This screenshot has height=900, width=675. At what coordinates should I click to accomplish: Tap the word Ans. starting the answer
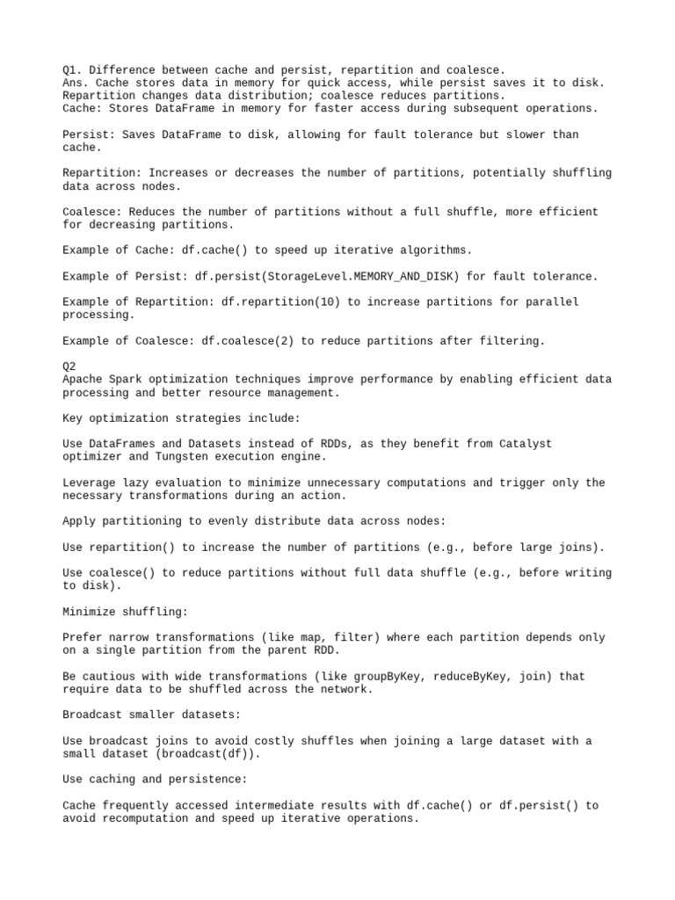[76, 83]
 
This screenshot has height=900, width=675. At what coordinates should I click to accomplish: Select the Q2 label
[69, 367]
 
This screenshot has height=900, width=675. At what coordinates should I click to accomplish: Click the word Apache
[83, 380]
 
